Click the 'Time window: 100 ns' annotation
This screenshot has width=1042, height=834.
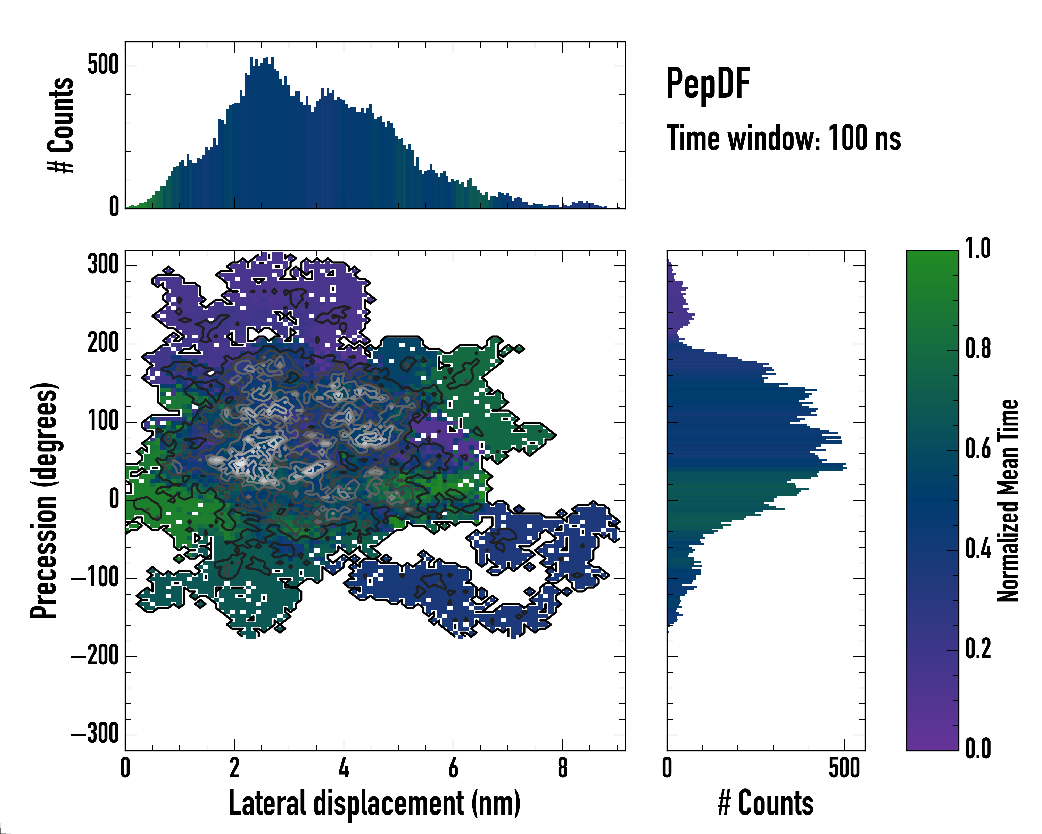(x=784, y=138)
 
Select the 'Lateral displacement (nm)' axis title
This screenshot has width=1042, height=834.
(x=374, y=803)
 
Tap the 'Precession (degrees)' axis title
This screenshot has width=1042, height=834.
(x=44, y=500)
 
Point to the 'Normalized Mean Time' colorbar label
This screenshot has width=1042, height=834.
(x=1008, y=500)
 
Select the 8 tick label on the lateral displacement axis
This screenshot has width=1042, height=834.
(x=562, y=768)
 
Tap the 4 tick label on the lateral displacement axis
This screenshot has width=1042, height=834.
(x=344, y=768)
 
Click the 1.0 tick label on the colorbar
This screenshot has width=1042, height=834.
(x=978, y=249)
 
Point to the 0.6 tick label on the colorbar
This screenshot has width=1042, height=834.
(x=978, y=449)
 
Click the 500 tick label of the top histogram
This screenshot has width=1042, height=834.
(x=103, y=65)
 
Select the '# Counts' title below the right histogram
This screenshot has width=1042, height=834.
(x=766, y=803)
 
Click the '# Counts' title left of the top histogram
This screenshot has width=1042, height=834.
(x=61, y=125)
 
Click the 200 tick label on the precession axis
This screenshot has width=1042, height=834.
(x=103, y=344)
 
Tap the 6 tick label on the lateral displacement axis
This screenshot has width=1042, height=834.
(x=453, y=768)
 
